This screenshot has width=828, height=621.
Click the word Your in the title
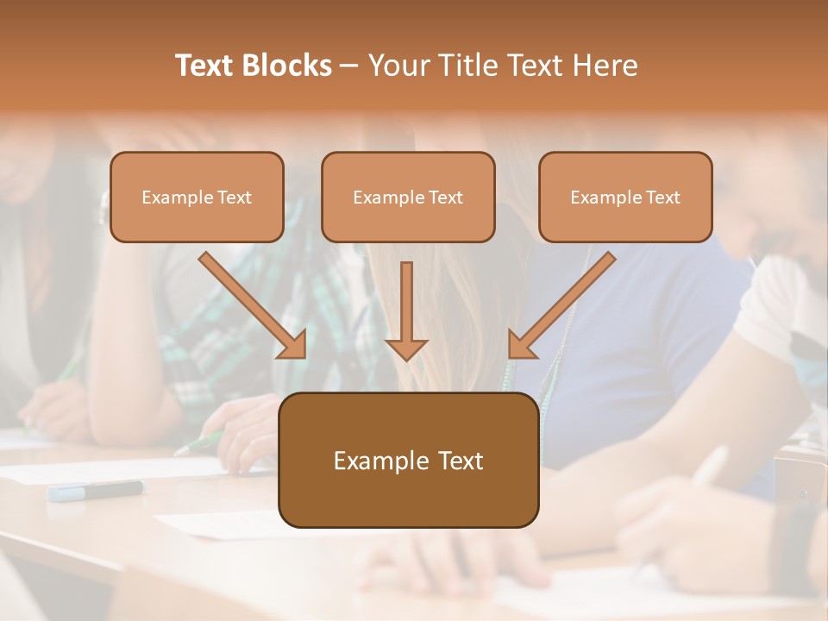point(398,66)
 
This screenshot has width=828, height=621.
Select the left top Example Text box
point(197,197)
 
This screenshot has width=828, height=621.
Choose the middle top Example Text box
point(408,197)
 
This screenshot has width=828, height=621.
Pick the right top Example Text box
point(625,197)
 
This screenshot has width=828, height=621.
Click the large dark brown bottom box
point(408,460)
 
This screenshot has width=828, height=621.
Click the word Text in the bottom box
point(458,461)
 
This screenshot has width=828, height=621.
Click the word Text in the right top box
point(662,198)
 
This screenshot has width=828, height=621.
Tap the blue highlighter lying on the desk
point(96,491)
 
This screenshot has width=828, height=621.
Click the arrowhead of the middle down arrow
point(406,348)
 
